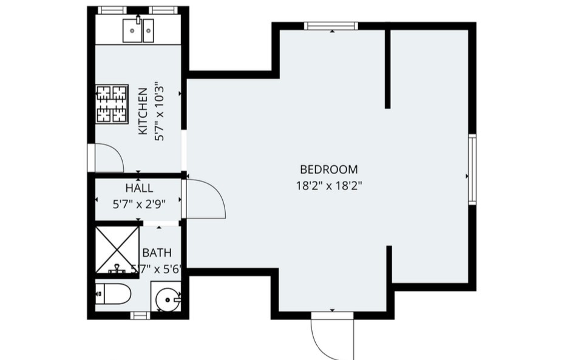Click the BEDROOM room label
tap(329, 169)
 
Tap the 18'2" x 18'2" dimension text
tap(329, 186)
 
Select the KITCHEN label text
tap(143, 111)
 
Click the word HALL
tap(139, 188)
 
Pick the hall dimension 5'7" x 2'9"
tap(139, 205)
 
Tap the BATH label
tap(157, 253)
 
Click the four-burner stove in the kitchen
tap(112, 104)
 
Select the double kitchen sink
tap(138, 31)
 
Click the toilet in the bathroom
tap(113, 294)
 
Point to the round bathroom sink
tap(168, 299)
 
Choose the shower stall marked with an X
tap(117, 250)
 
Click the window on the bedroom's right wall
tap(472, 169)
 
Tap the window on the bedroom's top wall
tap(331, 26)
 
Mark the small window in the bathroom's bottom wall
tap(140, 316)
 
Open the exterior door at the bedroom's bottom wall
tap(333, 335)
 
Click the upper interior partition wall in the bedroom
tap(387, 69)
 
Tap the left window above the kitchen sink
tap(112, 10)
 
